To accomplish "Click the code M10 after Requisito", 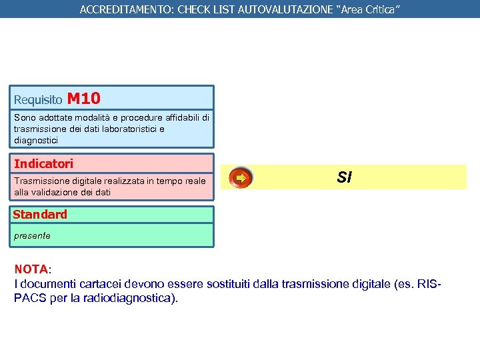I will click(84, 99).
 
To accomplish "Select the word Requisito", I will click(38, 100).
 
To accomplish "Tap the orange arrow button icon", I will click(240, 178).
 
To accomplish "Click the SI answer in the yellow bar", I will click(344, 177).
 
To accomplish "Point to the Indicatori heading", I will click(44, 163).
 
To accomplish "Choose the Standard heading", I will click(40, 215).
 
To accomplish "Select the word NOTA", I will click(31, 269).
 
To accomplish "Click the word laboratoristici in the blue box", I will click(133, 129).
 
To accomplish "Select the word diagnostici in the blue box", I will click(36, 140).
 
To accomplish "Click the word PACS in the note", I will click(30, 297).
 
